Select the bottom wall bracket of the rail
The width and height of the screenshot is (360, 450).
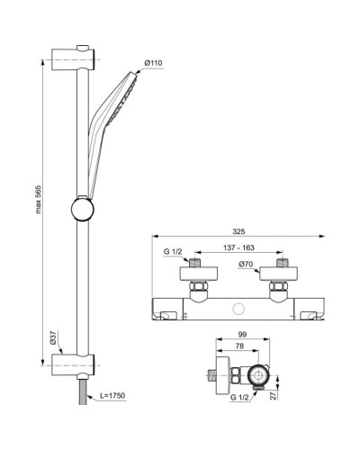tap(71, 364)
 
